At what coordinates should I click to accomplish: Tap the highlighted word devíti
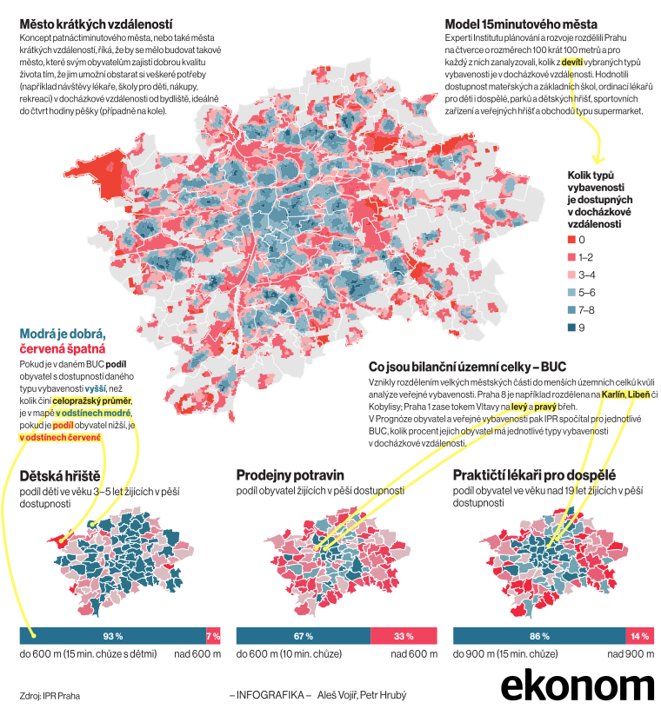coord(572,63)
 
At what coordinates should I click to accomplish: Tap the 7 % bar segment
coord(213,636)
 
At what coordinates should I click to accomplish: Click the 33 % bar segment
coord(404,636)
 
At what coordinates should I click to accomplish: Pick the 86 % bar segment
coord(540,636)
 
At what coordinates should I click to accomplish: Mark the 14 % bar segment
coord(640,636)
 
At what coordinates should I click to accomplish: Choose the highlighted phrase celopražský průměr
coord(92,401)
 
